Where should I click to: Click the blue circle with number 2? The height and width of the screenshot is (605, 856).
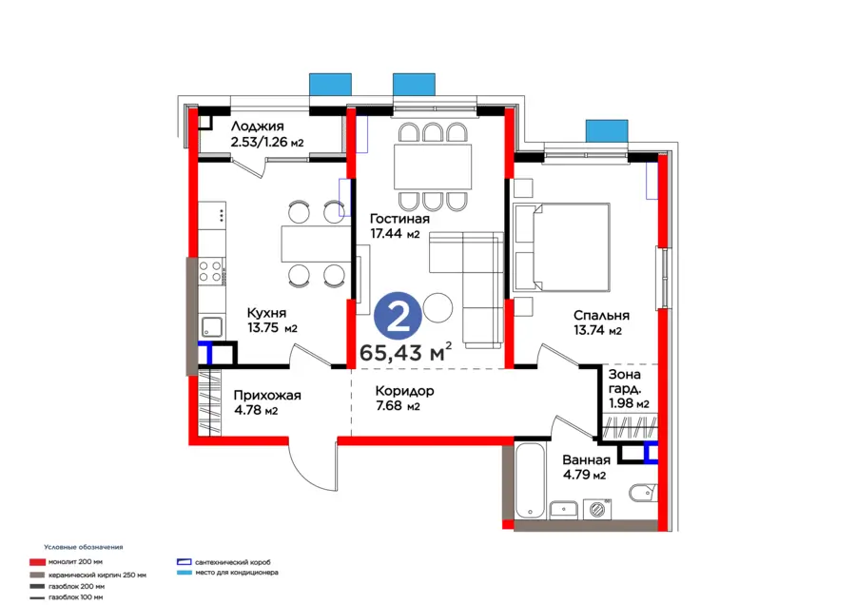398,316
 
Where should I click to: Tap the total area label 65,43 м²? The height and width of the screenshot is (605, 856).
405,352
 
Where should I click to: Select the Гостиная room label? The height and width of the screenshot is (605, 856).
399,219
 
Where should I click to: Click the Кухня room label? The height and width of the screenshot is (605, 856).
266,313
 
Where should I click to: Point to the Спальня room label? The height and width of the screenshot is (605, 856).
601,315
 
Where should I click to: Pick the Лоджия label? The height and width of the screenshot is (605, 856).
257,127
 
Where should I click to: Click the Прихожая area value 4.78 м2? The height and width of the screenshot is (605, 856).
256,410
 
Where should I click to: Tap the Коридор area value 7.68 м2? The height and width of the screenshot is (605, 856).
398,406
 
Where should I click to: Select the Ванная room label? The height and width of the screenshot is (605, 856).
586,459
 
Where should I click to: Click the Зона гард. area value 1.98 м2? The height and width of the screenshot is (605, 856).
629,403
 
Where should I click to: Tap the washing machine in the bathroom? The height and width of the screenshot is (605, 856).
597,510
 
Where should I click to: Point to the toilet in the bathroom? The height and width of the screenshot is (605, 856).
643,493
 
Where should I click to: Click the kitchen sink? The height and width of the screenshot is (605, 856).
212,327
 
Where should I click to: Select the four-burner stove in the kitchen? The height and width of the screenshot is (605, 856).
211,271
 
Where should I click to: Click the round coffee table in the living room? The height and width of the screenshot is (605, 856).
438,308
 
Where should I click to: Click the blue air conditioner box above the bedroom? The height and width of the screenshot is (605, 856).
607,130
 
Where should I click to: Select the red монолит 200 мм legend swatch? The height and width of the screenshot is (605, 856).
37,562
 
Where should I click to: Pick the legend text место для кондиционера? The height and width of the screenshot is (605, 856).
237,573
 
